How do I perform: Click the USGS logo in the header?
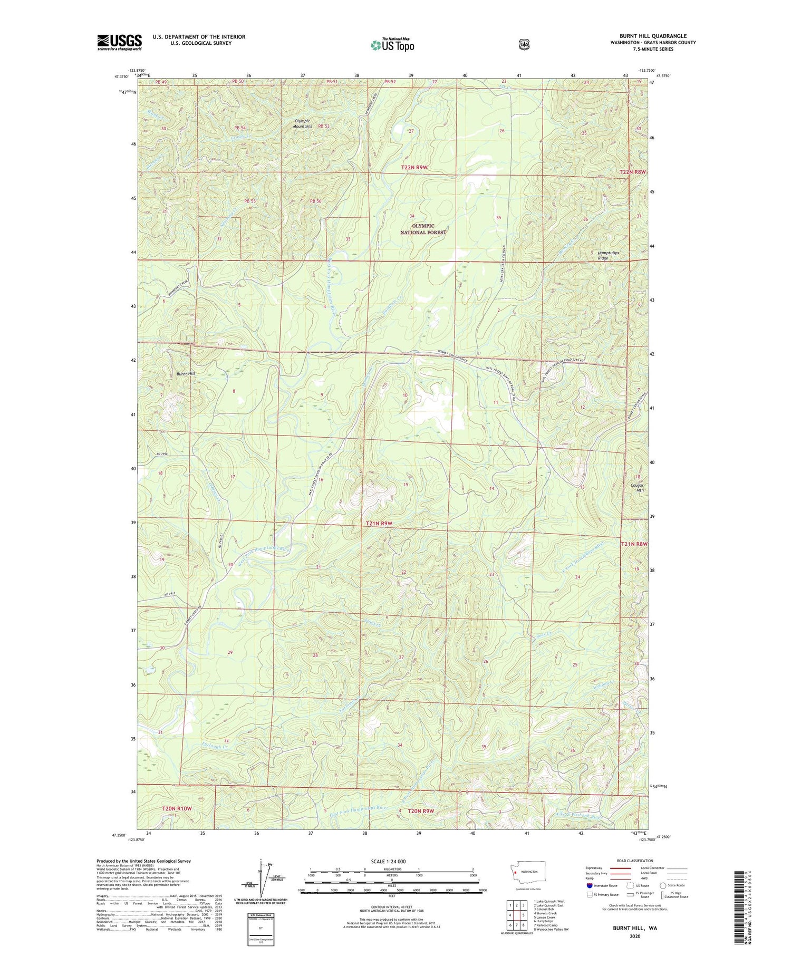[x=119, y=42]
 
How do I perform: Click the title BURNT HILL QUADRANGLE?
[x=653, y=36]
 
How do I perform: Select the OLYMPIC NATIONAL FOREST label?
[x=423, y=229]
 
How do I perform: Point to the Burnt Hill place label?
[x=186, y=373]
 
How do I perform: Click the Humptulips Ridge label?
[x=608, y=255]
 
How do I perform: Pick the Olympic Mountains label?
[x=303, y=123]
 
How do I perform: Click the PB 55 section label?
[x=250, y=201]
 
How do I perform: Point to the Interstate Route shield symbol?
[x=589, y=885]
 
